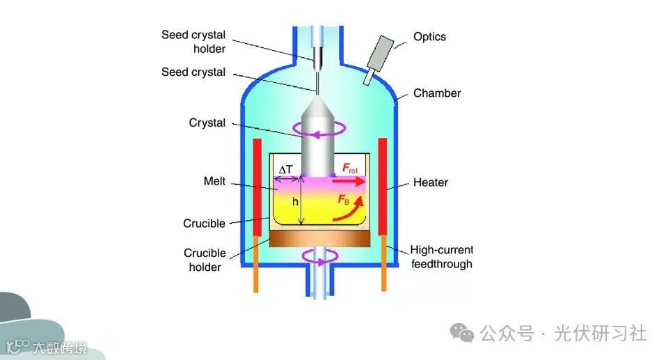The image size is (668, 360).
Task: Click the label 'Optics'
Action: (429, 36)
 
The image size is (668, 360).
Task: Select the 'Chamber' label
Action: (437, 93)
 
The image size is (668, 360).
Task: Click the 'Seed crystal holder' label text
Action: (193, 41)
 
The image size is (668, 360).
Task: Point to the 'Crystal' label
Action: (207, 123)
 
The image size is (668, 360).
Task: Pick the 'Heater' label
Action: (431, 182)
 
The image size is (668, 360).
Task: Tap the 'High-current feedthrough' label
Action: (441, 257)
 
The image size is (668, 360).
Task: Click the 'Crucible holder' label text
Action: (205, 260)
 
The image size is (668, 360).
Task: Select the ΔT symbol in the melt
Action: (286, 169)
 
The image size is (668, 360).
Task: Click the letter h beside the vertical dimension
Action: (295, 201)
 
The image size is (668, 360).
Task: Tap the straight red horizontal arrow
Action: (348, 182)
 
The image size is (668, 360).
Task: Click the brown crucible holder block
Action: (319, 239)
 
